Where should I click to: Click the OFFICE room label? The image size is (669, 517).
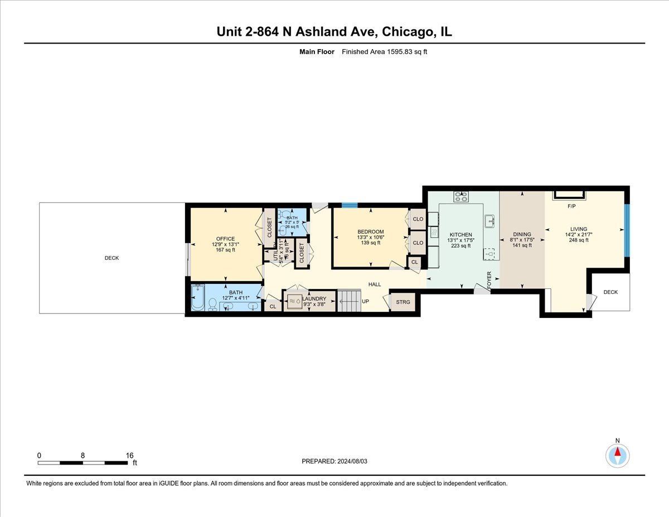(x=226, y=239)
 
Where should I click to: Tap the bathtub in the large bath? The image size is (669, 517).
(x=198, y=298)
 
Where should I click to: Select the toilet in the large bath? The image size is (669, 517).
(x=212, y=304)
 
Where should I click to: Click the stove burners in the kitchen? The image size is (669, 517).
(x=461, y=196)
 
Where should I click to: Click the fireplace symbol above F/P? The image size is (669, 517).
(x=569, y=194)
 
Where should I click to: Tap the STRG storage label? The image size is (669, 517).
(x=403, y=302)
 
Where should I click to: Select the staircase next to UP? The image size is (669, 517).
(x=350, y=301)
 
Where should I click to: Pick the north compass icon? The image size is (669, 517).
(x=617, y=455)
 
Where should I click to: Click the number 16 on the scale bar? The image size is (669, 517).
(x=129, y=455)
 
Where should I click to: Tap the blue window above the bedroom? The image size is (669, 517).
(x=349, y=205)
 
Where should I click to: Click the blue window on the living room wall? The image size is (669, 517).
(x=627, y=230)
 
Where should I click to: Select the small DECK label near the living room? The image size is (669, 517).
(x=610, y=292)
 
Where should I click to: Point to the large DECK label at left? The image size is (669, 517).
(x=111, y=258)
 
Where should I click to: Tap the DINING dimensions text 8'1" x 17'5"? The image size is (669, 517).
(x=522, y=240)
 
